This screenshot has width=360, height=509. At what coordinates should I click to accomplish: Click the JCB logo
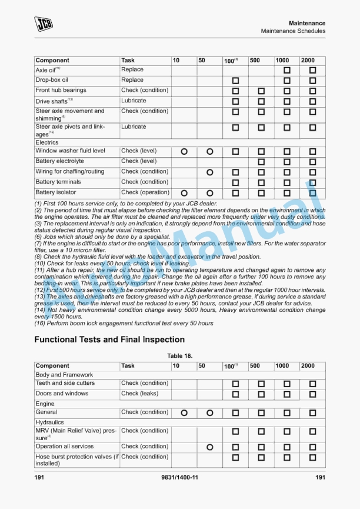(43, 24)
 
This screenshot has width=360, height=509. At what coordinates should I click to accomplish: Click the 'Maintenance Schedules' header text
(293, 31)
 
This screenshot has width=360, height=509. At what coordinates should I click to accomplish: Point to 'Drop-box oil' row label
(52, 80)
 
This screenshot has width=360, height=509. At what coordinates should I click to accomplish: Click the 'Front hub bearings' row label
(61, 91)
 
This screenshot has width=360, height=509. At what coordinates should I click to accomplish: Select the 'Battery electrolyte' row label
(59, 161)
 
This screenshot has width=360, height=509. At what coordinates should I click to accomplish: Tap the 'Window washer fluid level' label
(70, 151)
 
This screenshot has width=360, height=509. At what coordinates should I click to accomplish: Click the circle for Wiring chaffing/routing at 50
(209, 172)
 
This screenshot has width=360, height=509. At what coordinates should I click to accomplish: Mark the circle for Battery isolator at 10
(184, 193)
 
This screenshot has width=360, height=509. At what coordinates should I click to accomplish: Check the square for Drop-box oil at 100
(235, 81)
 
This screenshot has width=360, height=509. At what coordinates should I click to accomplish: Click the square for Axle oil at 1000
(287, 70)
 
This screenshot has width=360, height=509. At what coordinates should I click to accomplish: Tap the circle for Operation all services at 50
(209, 447)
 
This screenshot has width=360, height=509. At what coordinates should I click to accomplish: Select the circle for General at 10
(184, 413)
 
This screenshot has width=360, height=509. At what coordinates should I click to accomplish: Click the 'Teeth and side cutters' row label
(65, 384)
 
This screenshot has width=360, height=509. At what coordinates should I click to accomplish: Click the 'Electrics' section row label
(47, 142)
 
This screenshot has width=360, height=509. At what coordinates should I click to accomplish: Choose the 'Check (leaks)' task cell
(139, 394)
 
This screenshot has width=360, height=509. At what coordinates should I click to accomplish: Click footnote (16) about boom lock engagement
(124, 323)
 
